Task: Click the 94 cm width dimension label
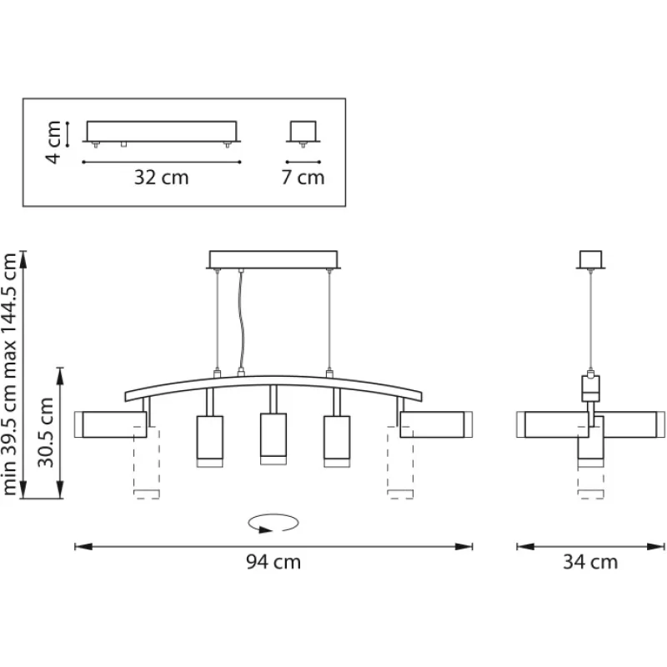click(x=273, y=562)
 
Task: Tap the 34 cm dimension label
click(x=590, y=562)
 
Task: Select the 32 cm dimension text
click(x=161, y=177)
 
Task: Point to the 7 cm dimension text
click(x=303, y=177)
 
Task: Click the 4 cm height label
click(x=54, y=142)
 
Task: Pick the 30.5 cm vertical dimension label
click(x=46, y=432)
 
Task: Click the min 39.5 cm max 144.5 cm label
click(x=9, y=374)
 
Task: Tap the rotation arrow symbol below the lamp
click(x=273, y=523)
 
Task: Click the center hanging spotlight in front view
click(x=273, y=439)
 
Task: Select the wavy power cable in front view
click(x=241, y=320)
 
